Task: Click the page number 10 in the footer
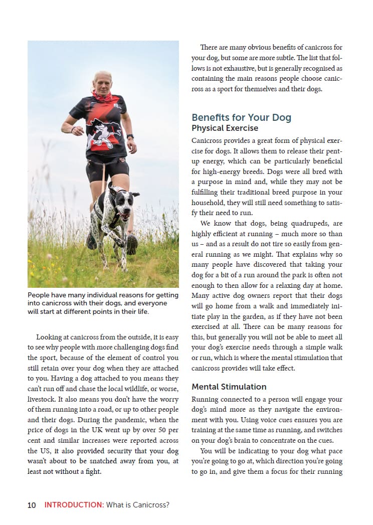[32, 505]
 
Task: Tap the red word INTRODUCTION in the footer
[73, 505]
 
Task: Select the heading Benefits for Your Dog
[241, 117]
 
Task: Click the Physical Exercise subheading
[225, 128]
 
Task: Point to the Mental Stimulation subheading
[229, 387]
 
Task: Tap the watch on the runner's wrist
[130, 136]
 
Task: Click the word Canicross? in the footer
[151, 505]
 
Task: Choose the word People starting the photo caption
[39, 295]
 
